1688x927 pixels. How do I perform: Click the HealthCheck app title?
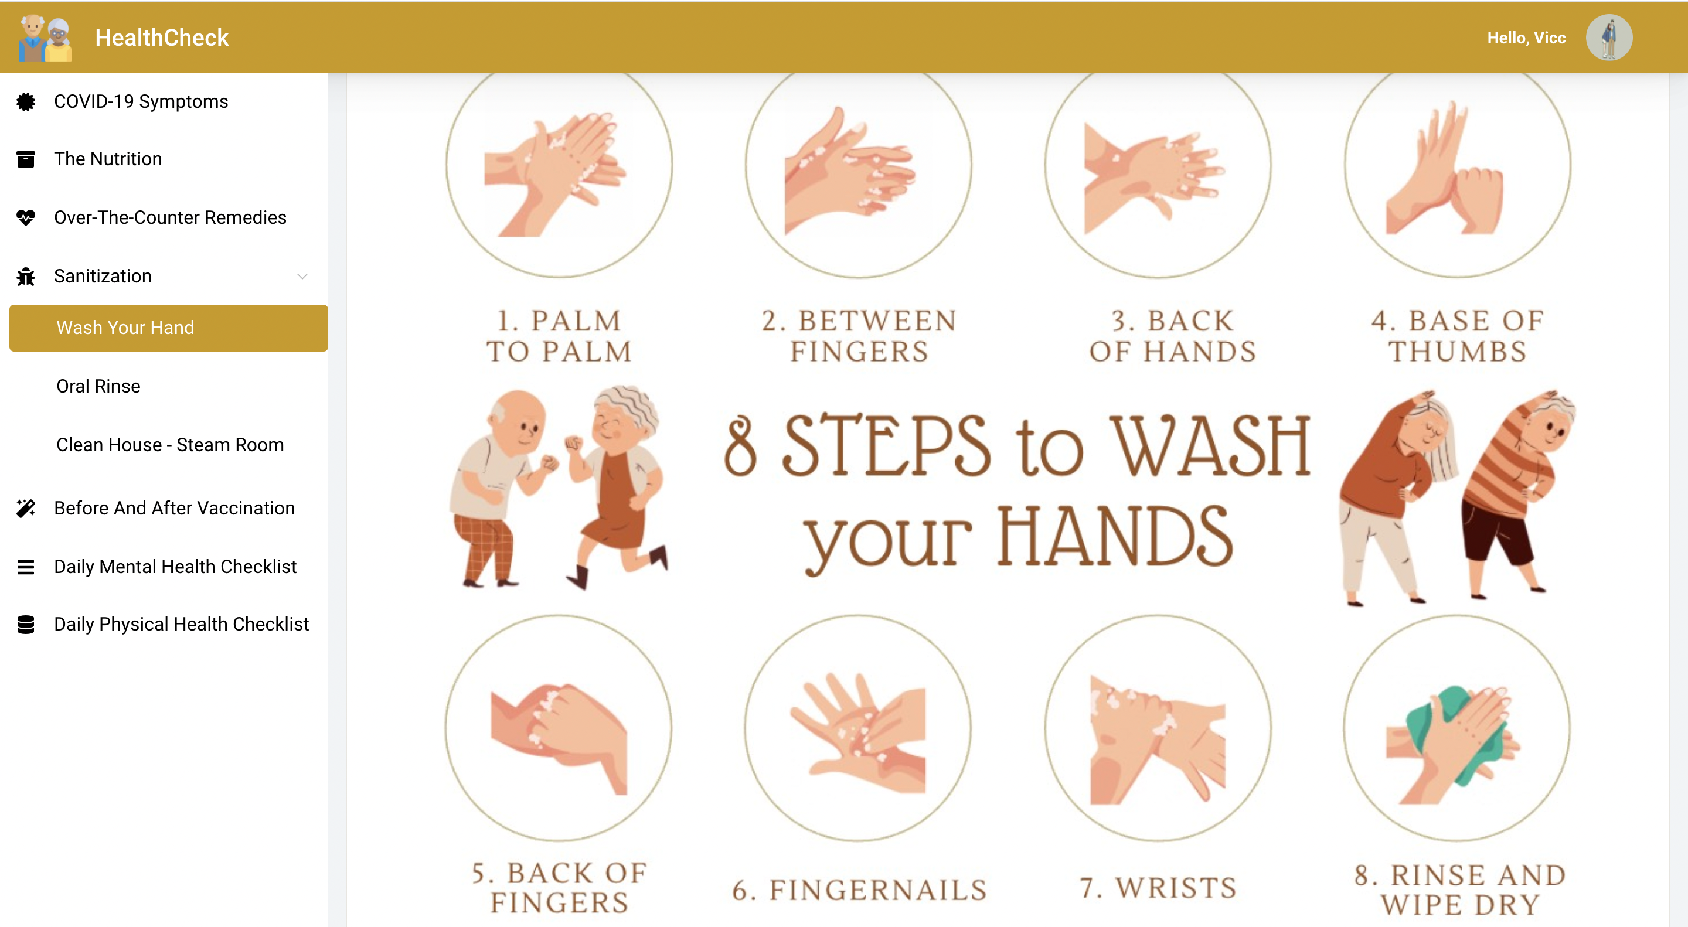click(x=162, y=38)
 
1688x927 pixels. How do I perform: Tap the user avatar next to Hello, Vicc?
click(x=1609, y=38)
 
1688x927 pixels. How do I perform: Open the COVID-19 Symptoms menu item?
click(x=141, y=101)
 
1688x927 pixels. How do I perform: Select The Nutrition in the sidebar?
click(x=108, y=159)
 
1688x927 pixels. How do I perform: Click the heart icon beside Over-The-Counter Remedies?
click(x=26, y=217)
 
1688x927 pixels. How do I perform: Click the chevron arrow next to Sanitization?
click(x=302, y=276)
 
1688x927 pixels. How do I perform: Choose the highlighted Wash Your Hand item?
click(x=168, y=328)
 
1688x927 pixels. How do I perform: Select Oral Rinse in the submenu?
click(x=98, y=386)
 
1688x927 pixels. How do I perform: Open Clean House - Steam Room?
click(x=171, y=445)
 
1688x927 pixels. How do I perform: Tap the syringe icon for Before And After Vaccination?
click(x=26, y=509)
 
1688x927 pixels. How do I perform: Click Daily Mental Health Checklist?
click(x=176, y=567)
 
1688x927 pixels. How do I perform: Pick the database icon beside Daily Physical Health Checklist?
click(x=26, y=624)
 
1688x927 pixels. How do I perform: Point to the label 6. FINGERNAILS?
click(x=859, y=889)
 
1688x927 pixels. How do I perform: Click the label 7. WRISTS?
click(x=1158, y=888)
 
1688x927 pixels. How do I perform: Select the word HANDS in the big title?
click(x=1115, y=537)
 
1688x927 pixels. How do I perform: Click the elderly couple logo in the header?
click(x=45, y=38)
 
